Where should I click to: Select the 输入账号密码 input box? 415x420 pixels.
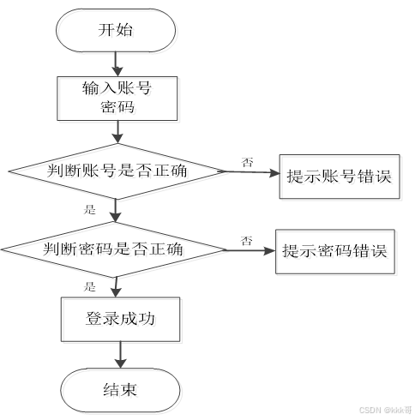pos(117,97)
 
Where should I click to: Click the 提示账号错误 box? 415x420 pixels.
pos(338,177)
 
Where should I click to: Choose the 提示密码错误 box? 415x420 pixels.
pos(335,251)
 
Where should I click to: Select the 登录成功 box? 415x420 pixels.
pos(119,319)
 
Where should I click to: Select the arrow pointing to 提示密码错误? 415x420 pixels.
pos(248,251)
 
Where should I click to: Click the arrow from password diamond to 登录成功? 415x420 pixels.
pos(117,285)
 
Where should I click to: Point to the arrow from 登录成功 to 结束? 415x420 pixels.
pos(119,354)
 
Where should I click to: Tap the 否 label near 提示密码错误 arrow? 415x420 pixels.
pos(246,240)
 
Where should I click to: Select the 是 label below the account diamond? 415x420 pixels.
pos(89,209)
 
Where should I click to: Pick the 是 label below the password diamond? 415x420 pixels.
pos(89,285)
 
